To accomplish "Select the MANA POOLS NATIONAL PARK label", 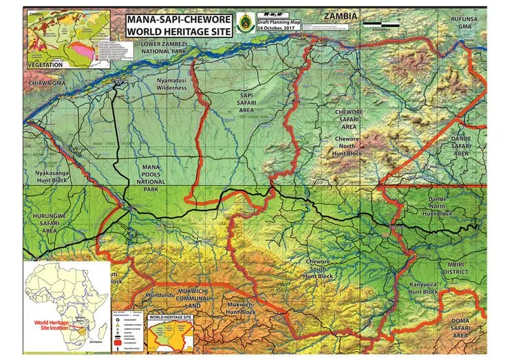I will click(x=150, y=178).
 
